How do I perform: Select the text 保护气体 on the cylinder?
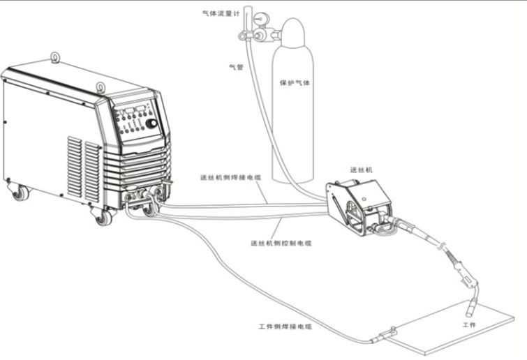pos(294,82)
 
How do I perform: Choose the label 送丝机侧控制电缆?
pos(281,243)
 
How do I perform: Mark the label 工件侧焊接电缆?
pos(285,326)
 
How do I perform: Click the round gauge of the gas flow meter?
pos(260,16)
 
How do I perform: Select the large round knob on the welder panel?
pos(151,123)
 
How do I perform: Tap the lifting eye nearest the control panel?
pos(101,87)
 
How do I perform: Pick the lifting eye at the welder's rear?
pos(54,56)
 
